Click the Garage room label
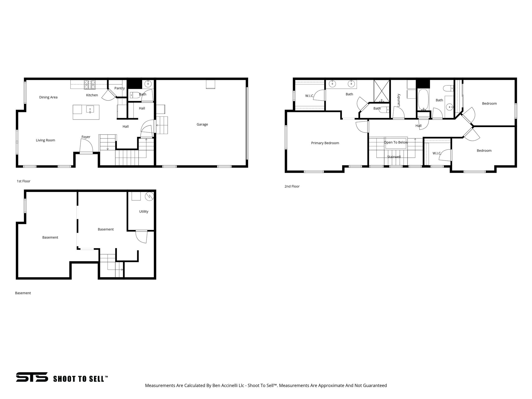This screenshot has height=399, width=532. [x=202, y=124]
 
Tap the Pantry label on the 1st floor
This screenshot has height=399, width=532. [x=119, y=88]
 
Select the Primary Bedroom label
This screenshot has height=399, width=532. [x=325, y=143]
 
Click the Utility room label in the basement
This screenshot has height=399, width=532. [x=144, y=211]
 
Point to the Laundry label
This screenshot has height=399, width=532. [x=399, y=100]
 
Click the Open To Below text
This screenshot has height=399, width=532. [x=396, y=142]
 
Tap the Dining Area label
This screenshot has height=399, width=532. [x=48, y=97]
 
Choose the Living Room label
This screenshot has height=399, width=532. [x=45, y=140]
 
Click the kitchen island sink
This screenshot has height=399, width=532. [x=90, y=109]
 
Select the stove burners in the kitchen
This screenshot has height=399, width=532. [x=90, y=83]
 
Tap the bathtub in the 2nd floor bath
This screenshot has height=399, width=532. [x=423, y=100]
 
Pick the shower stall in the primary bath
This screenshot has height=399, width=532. [x=382, y=91]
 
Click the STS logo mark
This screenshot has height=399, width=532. [x=32, y=377]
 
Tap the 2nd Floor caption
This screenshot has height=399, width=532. [x=292, y=187]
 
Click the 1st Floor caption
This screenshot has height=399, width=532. [x=24, y=181]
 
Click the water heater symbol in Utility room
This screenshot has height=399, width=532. [x=149, y=196]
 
